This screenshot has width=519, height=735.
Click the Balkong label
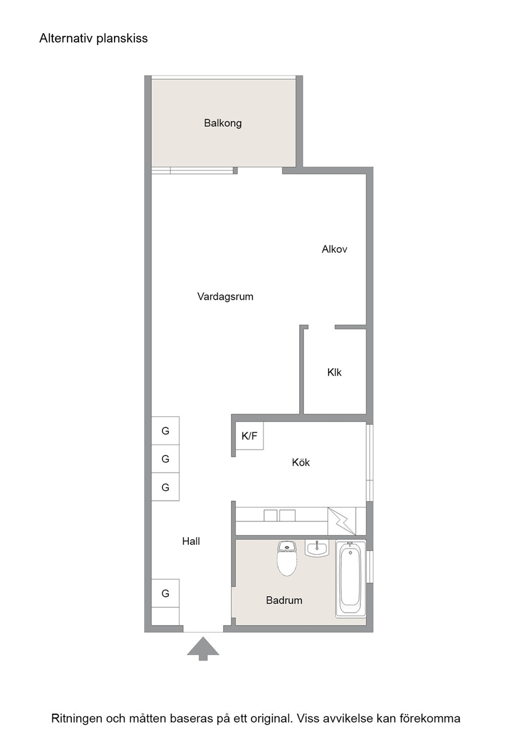click(223, 124)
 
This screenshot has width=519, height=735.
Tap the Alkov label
click(334, 249)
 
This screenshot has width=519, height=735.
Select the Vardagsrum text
click(225, 297)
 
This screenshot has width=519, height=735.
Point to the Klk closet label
click(334, 372)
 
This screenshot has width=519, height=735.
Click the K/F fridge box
click(250, 436)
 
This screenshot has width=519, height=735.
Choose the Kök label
click(301, 463)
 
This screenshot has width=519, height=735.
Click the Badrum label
click(284, 600)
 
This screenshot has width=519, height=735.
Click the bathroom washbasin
click(317, 548)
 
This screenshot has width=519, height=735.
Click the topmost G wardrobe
click(165, 431)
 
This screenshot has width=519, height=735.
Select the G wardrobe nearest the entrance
click(165, 593)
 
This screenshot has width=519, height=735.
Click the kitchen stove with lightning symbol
click(342, 521)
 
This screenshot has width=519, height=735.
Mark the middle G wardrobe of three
click(165, 459)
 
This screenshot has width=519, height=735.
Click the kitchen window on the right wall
click(369, 463)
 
